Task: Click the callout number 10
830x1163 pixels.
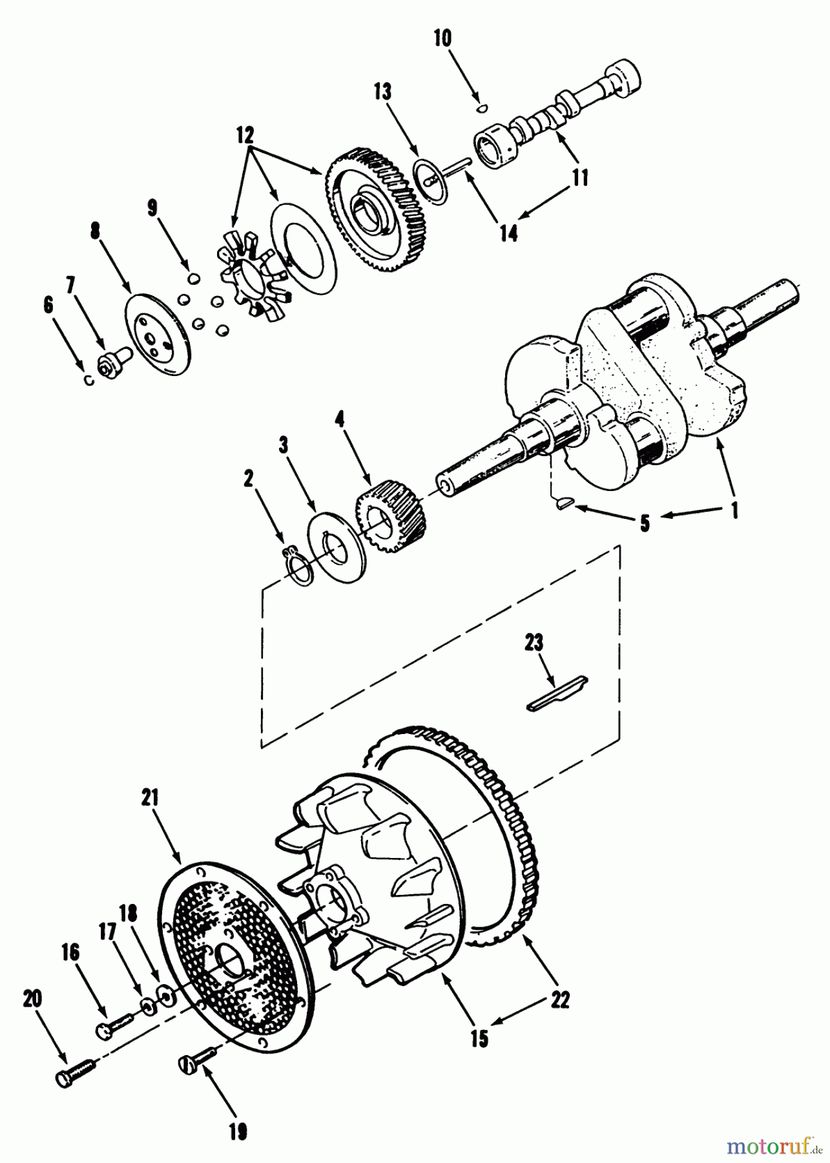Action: click(x=442, y=38)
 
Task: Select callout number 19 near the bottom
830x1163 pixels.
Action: click(x=238, y=1133)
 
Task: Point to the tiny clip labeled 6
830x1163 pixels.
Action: click(x=90, y=379)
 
